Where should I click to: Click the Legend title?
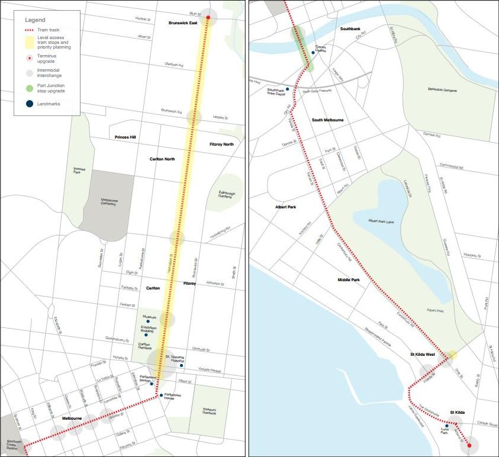click(35, 20)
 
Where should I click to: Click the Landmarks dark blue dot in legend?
click(29, 104)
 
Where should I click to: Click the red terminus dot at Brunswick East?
click(208, 18)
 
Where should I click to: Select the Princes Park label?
click(79, 171)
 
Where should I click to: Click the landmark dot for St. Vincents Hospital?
click(181, 365)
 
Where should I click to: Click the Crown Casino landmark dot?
click(313, 53)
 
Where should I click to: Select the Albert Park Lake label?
click(381, 221)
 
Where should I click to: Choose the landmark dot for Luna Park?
click(446, 426)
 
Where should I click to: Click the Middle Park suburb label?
click(349, 280)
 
